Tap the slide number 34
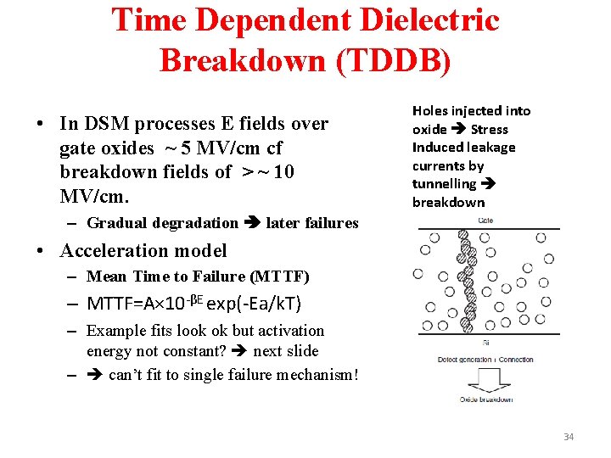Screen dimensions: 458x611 (568, 437)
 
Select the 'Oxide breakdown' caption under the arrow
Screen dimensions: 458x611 (485, 399)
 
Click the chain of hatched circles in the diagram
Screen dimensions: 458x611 (464, 280)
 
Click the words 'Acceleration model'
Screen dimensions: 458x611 (143, 250)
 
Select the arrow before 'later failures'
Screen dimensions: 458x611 (252, 223)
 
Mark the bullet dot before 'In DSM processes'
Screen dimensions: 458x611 (40, 124)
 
